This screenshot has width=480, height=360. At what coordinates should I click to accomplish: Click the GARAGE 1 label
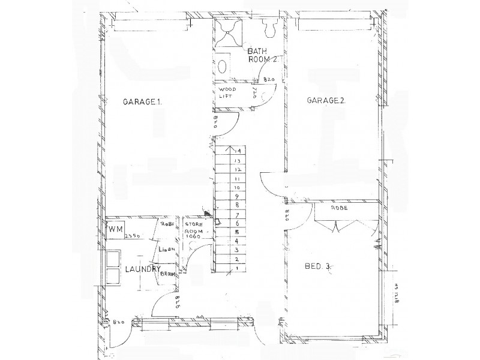[143, 102]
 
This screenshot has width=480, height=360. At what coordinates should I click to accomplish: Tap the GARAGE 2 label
[326, 101]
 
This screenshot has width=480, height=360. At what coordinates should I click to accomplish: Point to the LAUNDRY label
[142, 270]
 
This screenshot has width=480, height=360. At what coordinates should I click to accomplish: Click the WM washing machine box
[116, 230]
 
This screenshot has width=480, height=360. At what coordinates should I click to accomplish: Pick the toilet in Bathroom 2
[268, 29]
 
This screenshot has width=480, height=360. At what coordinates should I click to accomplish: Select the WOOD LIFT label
[227, 93]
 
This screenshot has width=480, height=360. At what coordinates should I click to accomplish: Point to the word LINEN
[166, 248]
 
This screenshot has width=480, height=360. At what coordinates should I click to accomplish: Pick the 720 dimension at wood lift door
[255, 93]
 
